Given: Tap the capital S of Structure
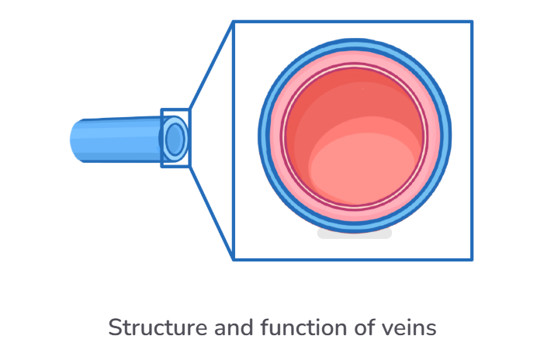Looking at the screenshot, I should click(114, 327).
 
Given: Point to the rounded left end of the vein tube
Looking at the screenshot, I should click(74, 140).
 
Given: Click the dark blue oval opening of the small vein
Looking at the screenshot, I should click(175, 139).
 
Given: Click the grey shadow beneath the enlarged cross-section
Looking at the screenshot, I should click(355, 233).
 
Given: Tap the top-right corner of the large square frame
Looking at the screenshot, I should click(471, 22).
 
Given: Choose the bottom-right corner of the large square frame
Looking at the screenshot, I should click(471, 258).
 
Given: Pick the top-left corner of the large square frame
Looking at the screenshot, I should click(234, 22).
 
